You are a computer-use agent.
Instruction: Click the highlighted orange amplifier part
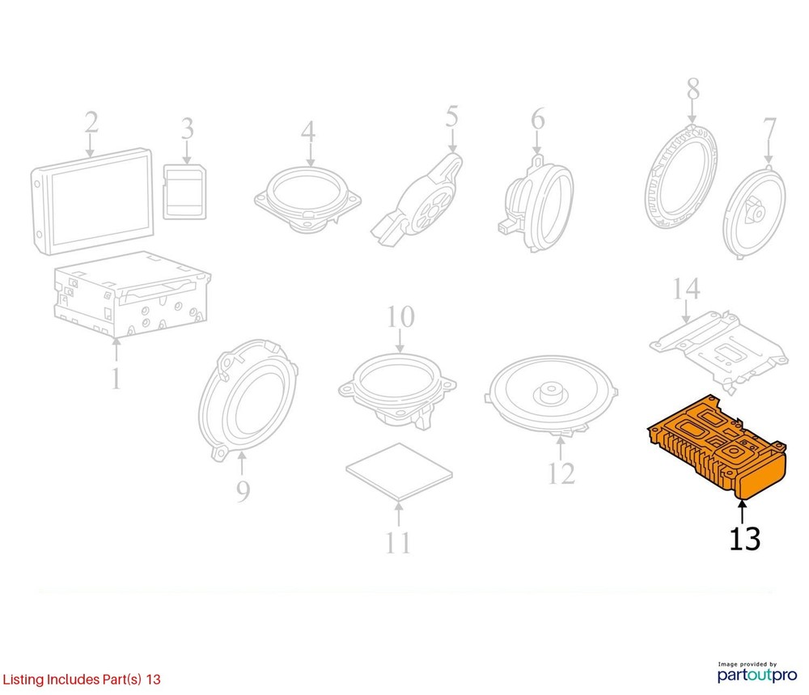pyautogui.click(x=717, y=447)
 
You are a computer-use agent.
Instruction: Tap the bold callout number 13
pyautogui.click(x=744, y=539)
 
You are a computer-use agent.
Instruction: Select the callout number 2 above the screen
pyautogui.click(x=91, y=123)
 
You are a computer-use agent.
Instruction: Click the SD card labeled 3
pyautogui.click(x=184, y=192)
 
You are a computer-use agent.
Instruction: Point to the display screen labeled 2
pyautogui.click(x=93, y=201)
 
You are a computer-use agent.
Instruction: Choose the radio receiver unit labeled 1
pyautogui.click(x=132, y=294)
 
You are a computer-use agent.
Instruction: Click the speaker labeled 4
pyautogui.click(x=307, y=199)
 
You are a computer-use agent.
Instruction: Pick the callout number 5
pyautogui.click(x=452, y=117)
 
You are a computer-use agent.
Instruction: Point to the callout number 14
pyautogui.click(x=686, y=289)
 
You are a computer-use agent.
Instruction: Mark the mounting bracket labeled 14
pyautogui.click(x=719, y=351)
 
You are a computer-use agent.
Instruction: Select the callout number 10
pyautogui.click(x=401, y=317)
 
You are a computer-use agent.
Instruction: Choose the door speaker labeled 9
pyautogui.click(x=248, y=400)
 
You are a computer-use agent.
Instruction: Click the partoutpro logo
pyautogui.click(x=757, y=672)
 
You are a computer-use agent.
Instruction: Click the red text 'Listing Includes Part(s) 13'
pyautogui.click(x=82, y=679)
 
